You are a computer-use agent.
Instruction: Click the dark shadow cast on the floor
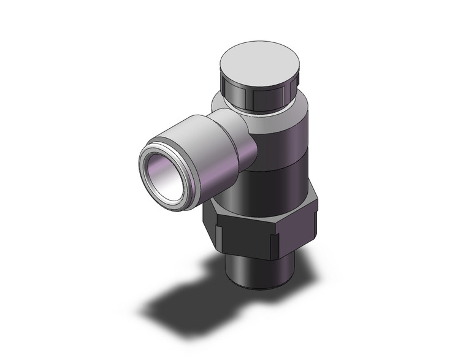[184, 301]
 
